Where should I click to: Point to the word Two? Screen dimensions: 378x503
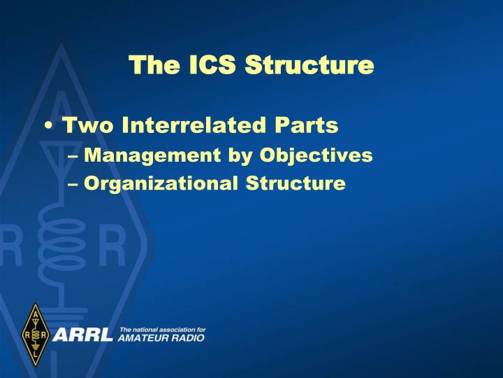click(85, 126)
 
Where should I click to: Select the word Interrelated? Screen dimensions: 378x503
click(192, 126)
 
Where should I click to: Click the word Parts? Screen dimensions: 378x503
click(306, 126)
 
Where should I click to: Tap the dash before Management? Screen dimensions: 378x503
click(75, 156)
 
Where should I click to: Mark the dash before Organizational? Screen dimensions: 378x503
click(75, 184)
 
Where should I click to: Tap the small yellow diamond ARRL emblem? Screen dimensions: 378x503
click(34, 335)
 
